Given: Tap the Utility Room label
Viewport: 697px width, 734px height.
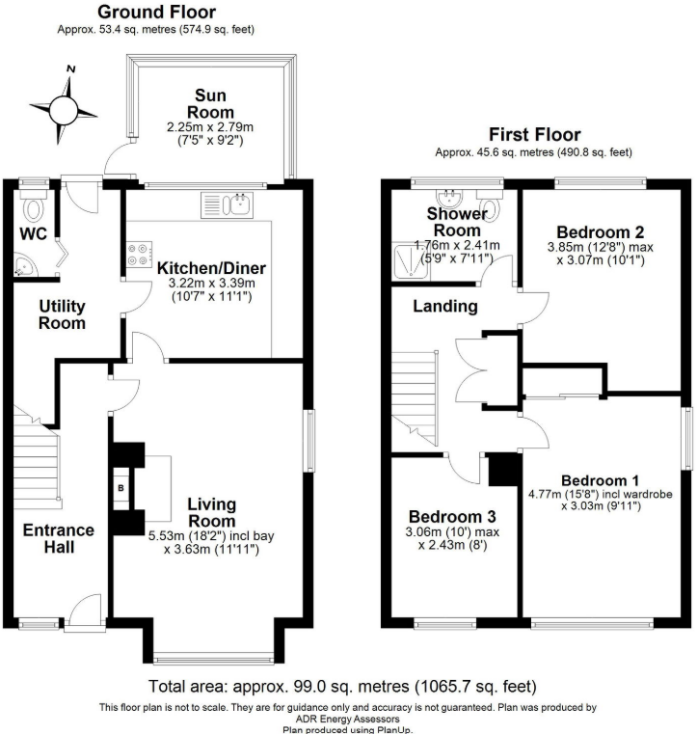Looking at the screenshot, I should (63, 314).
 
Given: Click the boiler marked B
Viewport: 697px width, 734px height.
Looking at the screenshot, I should (121, 488).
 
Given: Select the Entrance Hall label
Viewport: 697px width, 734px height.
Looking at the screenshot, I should (59, 538).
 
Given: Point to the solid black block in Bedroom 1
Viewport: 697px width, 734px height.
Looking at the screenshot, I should (502, 471).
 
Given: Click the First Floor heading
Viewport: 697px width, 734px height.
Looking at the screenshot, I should (533, 134).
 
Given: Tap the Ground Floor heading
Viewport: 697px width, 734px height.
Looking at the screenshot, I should (157, 13).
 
